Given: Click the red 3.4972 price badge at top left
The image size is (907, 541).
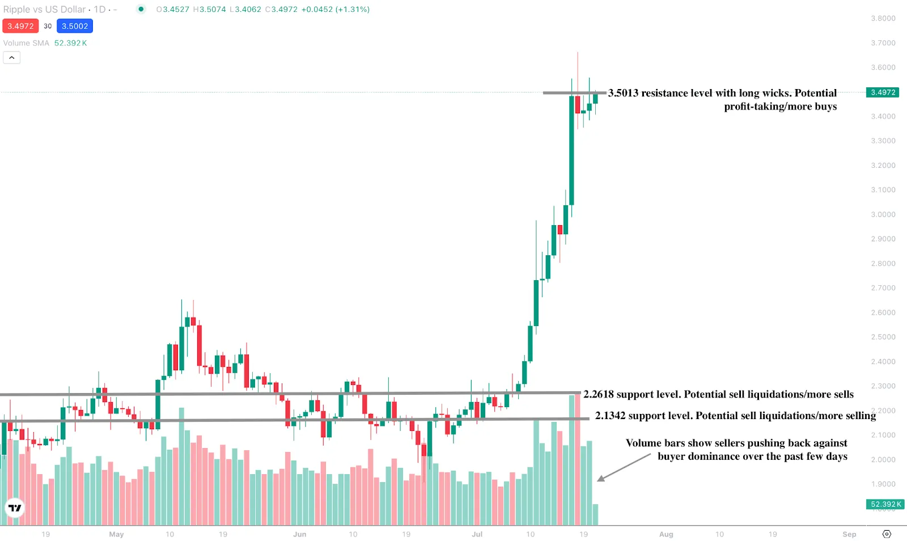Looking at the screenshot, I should click(x=20, y=26).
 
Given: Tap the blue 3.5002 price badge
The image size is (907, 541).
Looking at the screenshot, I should click(x=75, y=26).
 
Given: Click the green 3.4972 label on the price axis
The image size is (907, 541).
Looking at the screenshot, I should click(x=883, y=92).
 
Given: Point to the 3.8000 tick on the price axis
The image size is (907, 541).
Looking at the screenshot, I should click(x=883, y=18).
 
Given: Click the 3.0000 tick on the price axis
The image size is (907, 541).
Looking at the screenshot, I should click(x=883, y=214).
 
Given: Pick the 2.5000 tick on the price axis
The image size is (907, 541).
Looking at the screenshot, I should click(x=883, y=337).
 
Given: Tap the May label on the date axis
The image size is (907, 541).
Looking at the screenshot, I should click(x=116, y=534).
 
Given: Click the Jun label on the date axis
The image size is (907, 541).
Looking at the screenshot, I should click(x=299, y=534).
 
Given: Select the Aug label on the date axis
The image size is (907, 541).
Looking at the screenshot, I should click(x=666, y=534).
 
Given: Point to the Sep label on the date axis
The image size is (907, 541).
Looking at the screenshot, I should click(x=849, y=534).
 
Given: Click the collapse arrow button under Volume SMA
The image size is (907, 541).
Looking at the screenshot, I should click(x=12, y=57).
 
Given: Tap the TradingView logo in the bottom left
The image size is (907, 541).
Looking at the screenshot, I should click(x=15, y=508).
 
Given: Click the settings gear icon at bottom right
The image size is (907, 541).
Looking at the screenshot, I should click(x=887, y=534).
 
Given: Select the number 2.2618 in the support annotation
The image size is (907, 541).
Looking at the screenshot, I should click(x=598, y=394).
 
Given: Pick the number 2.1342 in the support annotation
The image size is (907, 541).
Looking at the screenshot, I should click(x=610, y=416).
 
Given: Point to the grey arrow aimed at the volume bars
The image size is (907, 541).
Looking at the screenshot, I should click(x=624, y=467).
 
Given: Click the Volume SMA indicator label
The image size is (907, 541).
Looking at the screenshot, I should click(x=26, y=43).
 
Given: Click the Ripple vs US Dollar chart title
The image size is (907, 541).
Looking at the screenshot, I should click(x=44, y=10).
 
